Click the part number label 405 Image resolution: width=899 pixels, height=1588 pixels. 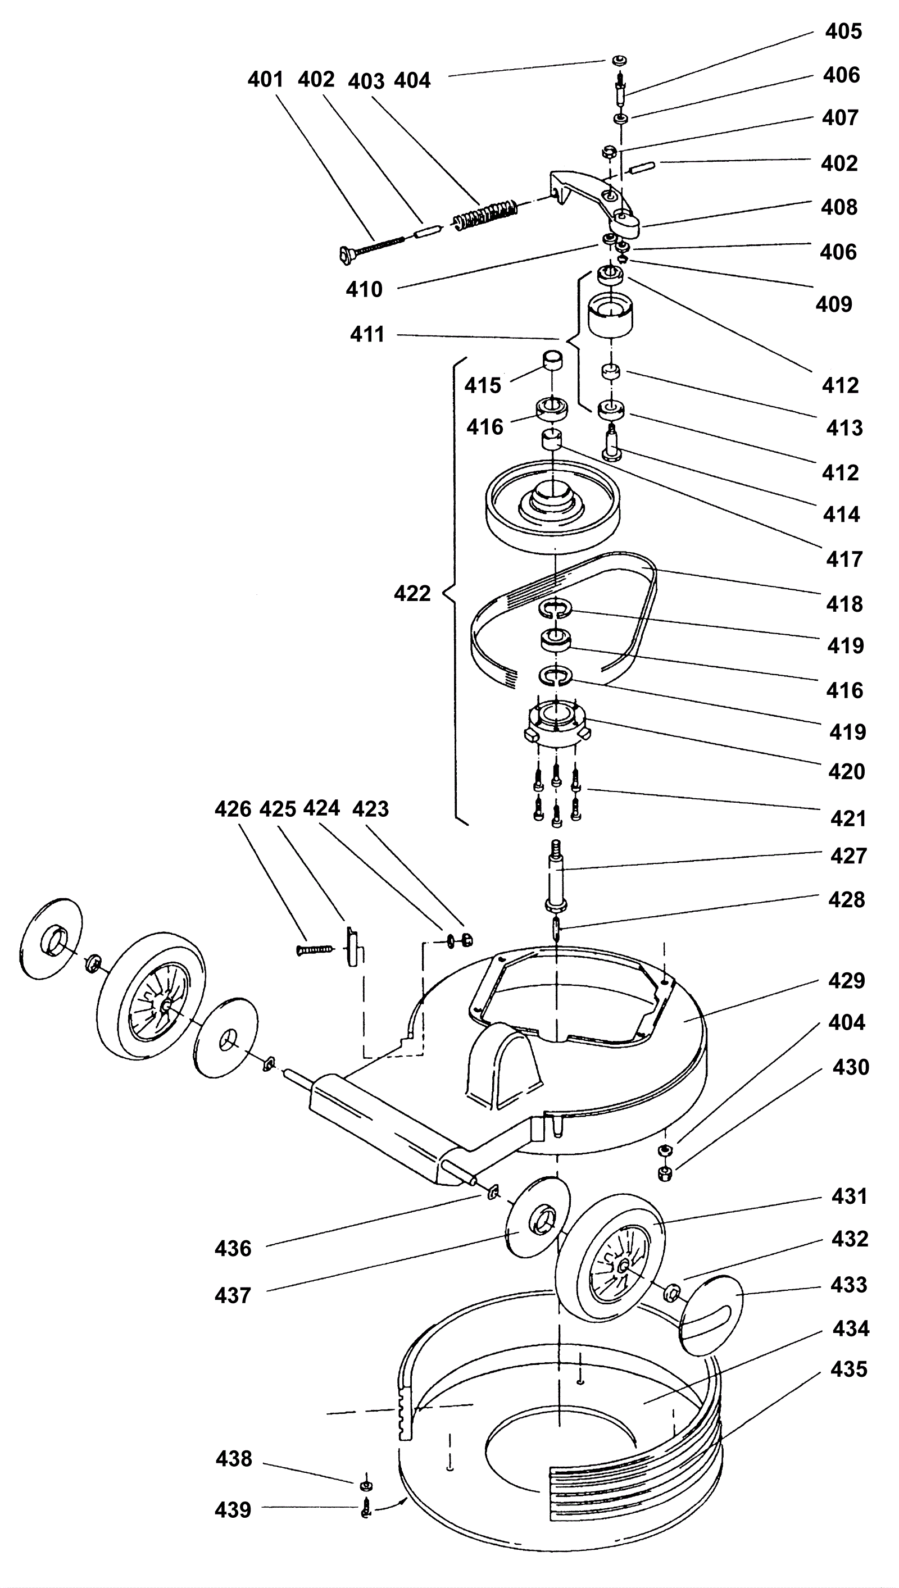[843, 31]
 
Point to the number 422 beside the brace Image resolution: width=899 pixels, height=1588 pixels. [412, 593]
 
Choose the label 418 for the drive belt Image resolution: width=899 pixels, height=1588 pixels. [844, 604]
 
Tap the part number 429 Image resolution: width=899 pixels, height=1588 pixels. [846, 980]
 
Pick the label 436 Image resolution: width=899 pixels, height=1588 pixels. [233, 1249]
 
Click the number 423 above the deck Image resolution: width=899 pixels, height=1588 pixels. [370, 808]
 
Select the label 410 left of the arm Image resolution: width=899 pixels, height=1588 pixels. [364, 289]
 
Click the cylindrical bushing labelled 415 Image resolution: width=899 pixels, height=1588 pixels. [553, 360]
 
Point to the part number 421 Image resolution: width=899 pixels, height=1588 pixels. [848, 818]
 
